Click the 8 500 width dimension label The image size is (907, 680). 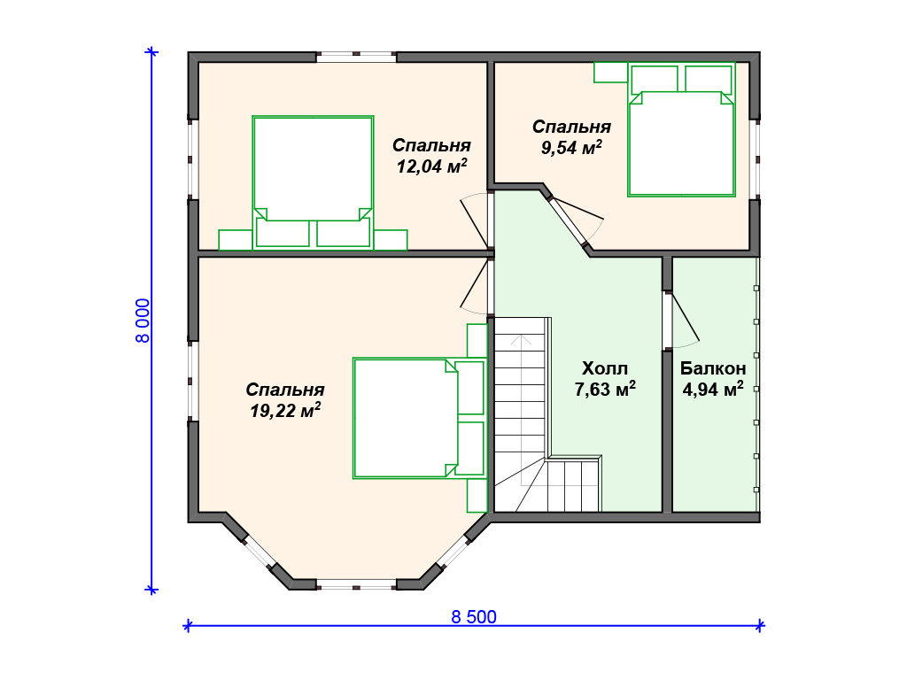pos(474,617)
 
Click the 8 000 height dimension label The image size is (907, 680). pos(143,321)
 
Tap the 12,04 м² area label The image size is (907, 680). pos(431,166)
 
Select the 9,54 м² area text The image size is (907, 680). pos(571,148)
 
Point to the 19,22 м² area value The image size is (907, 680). pos(285,411)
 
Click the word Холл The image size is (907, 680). pos(604,368)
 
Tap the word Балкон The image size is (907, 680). pos(713,368)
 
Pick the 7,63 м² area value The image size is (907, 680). pos(604,390)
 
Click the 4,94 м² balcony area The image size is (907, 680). pos(713,390)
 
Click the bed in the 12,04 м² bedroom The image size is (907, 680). pos(313,182)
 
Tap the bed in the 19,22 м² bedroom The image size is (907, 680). pos(419,418)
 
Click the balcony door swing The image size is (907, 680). pos(686,321)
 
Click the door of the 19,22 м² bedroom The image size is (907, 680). pos(475,286)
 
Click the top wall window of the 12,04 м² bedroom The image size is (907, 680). pos(356,58)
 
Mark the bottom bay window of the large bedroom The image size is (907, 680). pos(356,584)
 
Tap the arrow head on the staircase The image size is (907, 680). pos(521,339)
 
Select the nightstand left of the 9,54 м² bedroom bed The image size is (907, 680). pos(611,73)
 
